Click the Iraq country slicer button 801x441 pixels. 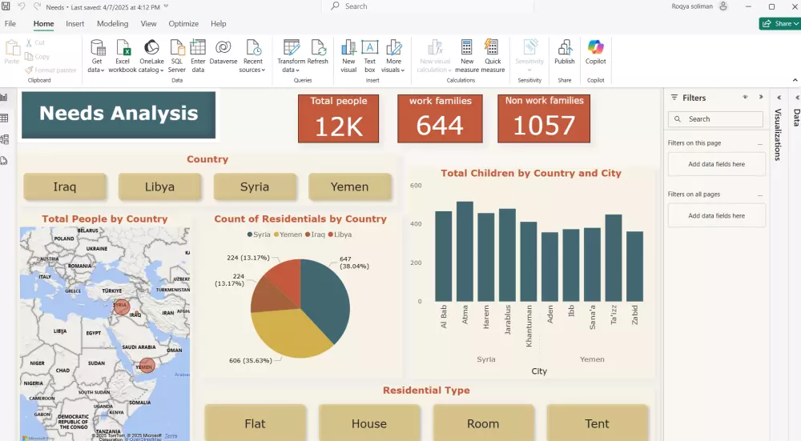(65, 186)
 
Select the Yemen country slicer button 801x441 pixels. (350, 186)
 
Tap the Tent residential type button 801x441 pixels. (597, 423)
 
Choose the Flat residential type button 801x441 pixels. (255, 423)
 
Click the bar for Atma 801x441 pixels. (465, 252)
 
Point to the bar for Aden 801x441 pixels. (549, 267)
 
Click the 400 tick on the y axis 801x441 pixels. (416, 224)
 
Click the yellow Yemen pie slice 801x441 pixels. (288, 332)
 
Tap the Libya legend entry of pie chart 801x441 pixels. (340, 235)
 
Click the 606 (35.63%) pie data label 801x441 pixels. (250, 361)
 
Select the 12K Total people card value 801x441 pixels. (338, 126)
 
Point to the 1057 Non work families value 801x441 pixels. (544, 126)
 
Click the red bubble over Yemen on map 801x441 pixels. (146, 366)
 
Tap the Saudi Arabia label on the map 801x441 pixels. (135, 347)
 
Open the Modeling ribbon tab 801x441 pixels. (112, 24)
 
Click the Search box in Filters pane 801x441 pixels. (715, 119)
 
